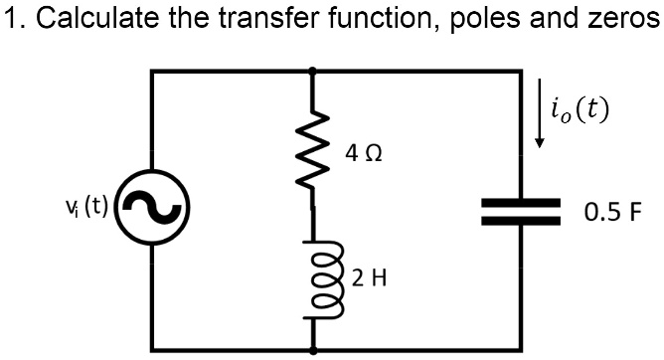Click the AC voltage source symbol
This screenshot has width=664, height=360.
pyautogui.click(x=151, y=212)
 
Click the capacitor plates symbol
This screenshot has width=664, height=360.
pyautogui.click(x=520, y=211)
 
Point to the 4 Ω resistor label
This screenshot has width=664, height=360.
pyautogui.click(x=364, y=154)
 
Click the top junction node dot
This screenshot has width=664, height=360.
pyautogui.click(x=314, y=71)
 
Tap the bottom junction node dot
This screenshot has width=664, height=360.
pyautogui.click(x=314, y=350)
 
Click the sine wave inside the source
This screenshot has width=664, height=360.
pyautogui.click(x=151, y=212)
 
